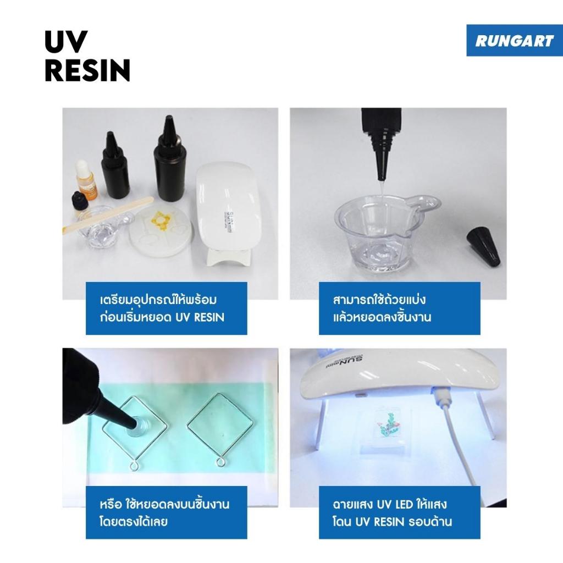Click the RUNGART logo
[x=514, y=40]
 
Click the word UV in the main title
[x=66, y=42]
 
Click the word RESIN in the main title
[x=87, y=70]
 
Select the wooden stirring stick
[x=108, y=215]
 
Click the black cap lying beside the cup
[x=483, y=246]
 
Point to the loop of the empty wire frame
[x=221, y=462]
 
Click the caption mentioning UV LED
[x=399, y=512]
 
